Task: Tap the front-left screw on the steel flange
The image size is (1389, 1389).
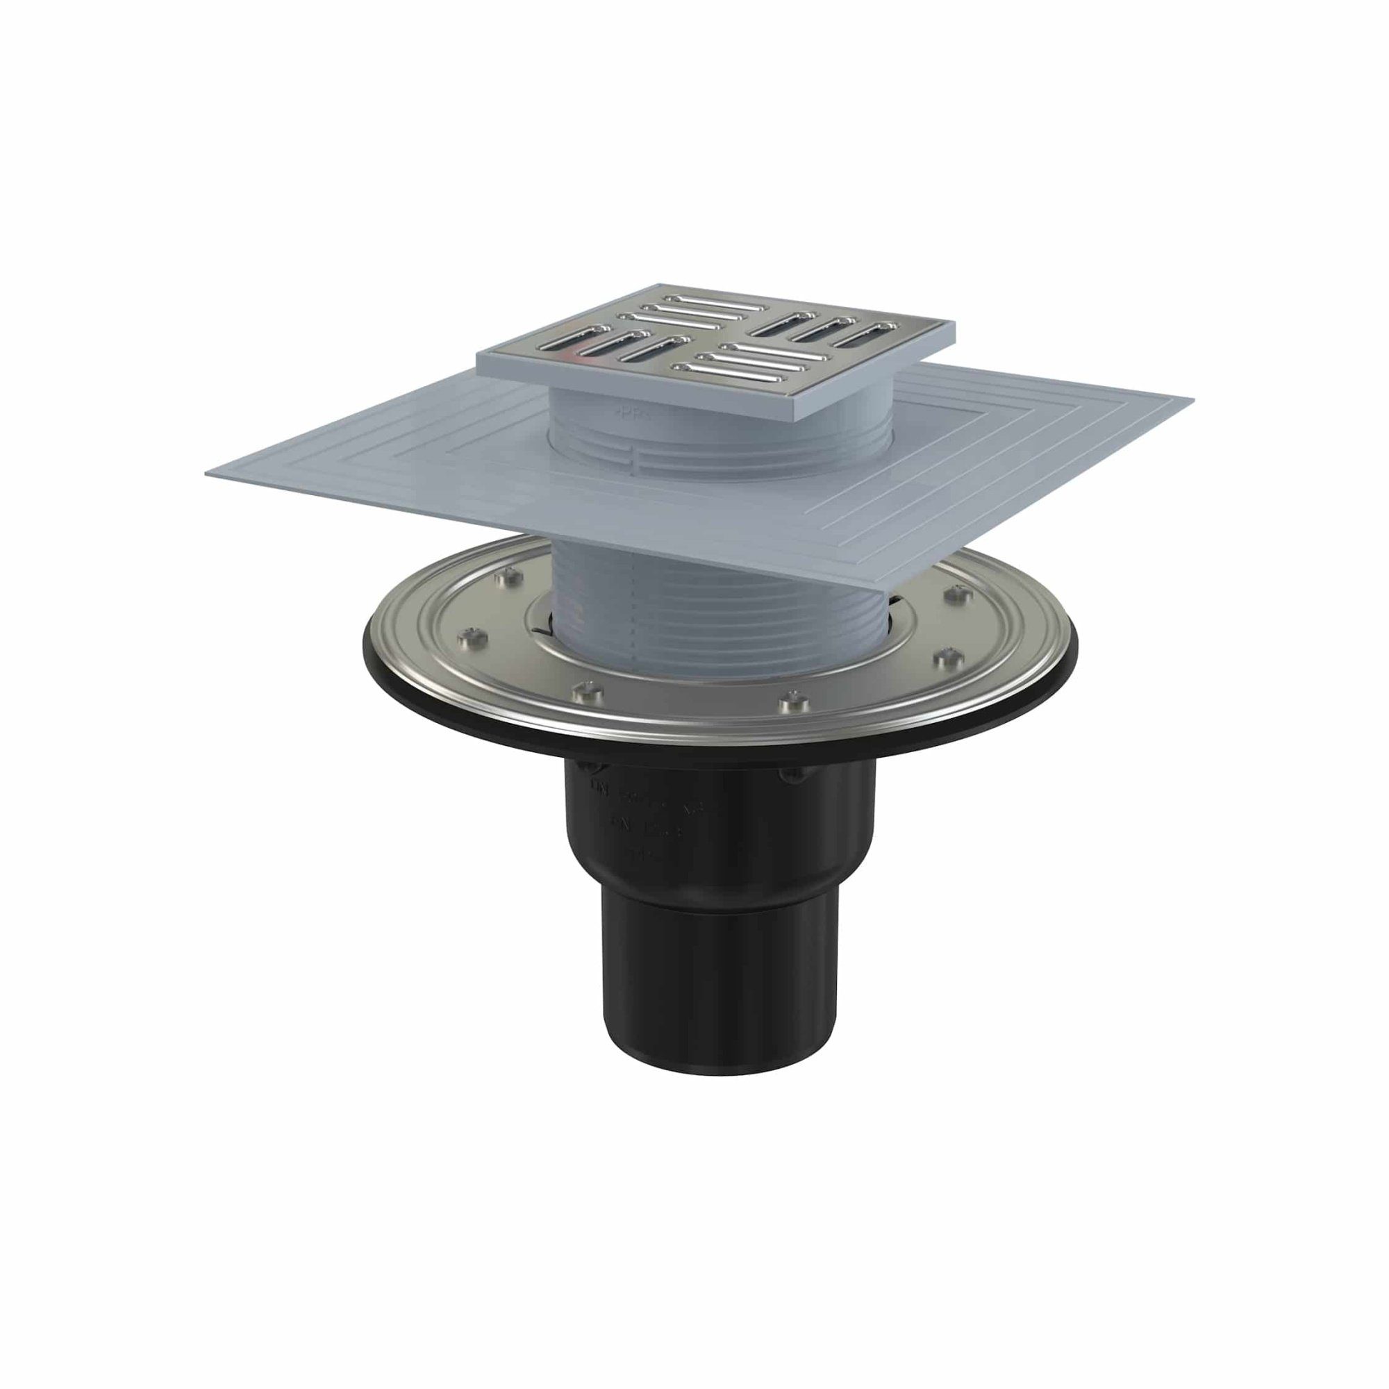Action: pyautogui.click(x=584, y=690)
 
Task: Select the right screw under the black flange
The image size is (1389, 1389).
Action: pyautogui.click(x=791, y=774)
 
